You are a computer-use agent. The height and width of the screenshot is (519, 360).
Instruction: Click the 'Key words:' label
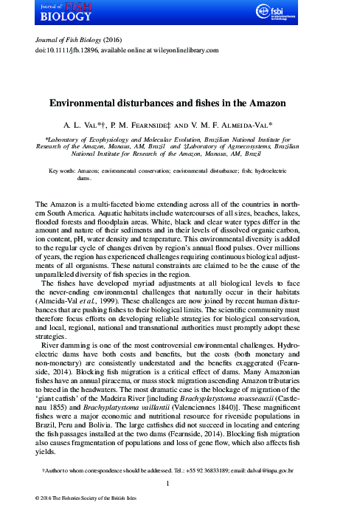coord(66,171)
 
